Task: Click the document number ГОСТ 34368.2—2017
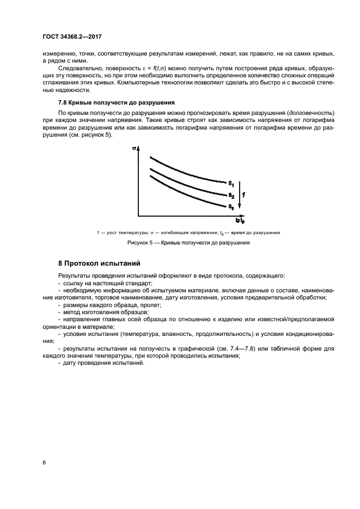tap(72, 38)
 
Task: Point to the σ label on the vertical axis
tap(133, 147)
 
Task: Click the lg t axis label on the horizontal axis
tap(239, 220)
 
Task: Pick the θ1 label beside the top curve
tap(231, 183)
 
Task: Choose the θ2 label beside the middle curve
tap(231, 195)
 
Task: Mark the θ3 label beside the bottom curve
tap(231, 207)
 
